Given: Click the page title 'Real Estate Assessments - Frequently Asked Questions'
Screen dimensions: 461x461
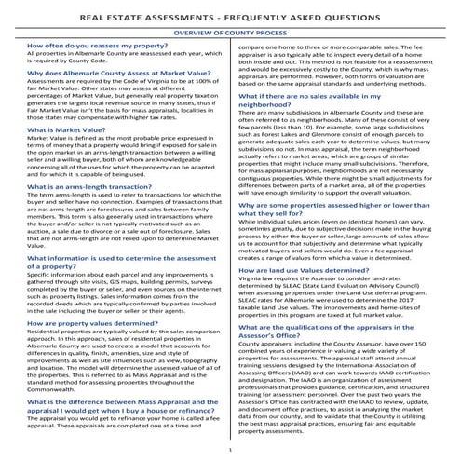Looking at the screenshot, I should click(x=230, y=16).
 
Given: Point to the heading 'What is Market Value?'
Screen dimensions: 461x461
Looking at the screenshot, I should click(x=66, y=130).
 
